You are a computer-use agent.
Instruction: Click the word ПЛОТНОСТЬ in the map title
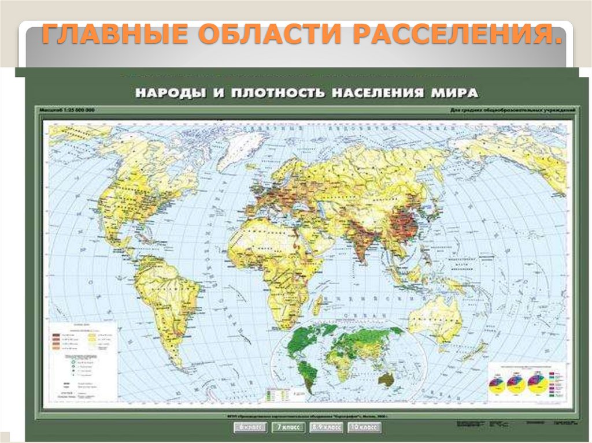pyautogui.click(x=272, y=92)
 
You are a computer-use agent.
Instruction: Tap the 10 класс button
pyautogui.click(x=364, y=428)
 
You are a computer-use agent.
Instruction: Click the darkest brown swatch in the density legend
pyautogui.click(x=57, y=335)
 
